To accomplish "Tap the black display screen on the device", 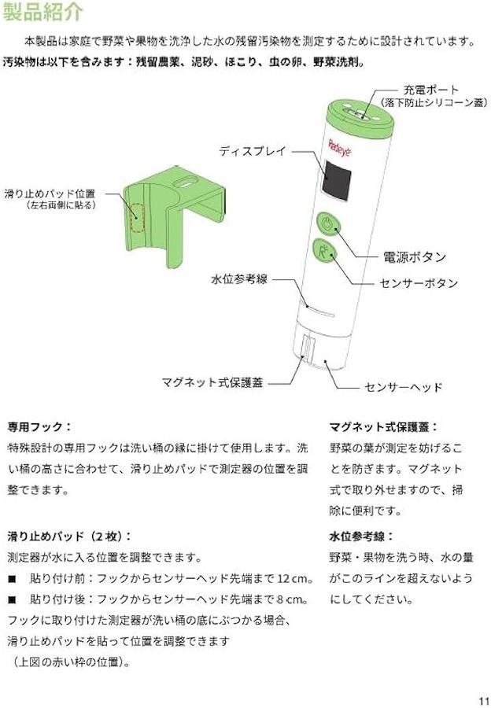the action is [337, 180].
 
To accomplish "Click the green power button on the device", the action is [326, 223].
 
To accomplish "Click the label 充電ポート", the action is [430, 90].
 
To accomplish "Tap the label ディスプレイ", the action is [253, 151].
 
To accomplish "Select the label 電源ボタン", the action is [414, 257].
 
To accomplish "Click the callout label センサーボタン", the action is [419, 283].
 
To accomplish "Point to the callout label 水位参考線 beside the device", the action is [239, 279].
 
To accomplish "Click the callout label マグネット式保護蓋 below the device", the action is [212, 383].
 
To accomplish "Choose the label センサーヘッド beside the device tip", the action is [404, 387].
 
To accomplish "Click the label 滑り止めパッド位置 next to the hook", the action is [50, 194].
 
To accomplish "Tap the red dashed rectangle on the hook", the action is [137, 218].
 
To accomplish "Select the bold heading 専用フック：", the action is [40, 426].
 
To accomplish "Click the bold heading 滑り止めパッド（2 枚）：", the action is [70, 537].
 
